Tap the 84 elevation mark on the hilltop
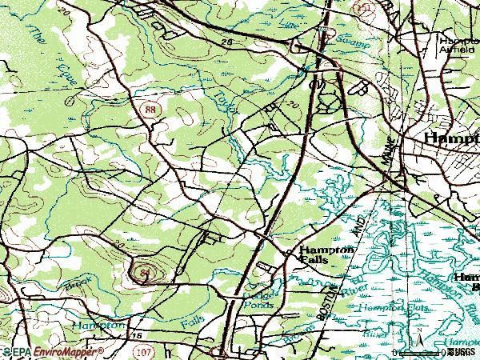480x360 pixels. (x=145, y=274)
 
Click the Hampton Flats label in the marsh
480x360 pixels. (x=383, y=307)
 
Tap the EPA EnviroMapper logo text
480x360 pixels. (x=52, y=352)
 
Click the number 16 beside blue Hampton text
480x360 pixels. (x=137, y=337)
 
